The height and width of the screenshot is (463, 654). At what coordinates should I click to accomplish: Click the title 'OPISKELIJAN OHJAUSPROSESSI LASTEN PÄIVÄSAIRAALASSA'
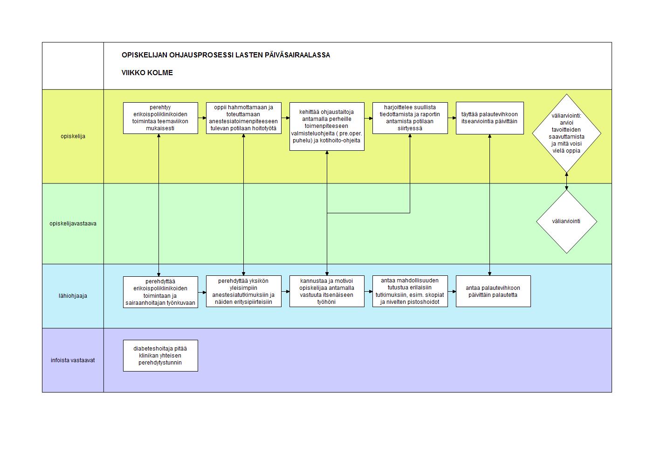[x=226, y=55]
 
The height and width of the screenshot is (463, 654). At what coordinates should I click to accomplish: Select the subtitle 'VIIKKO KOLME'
[x=147, y=72]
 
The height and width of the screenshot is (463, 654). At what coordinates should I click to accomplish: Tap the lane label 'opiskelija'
[x=73, y=136]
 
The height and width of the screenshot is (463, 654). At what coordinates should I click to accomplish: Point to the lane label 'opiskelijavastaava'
[x=73, y=223]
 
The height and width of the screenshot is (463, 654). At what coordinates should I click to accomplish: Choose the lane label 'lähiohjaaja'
[x=73, y=296]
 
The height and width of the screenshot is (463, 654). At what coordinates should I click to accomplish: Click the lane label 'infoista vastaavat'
[x=73, y=360]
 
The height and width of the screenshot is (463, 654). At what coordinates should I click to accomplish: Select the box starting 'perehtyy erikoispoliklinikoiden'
[x=160, y=118]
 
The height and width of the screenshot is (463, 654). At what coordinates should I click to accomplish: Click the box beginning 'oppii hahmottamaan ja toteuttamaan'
[x=243, y=118]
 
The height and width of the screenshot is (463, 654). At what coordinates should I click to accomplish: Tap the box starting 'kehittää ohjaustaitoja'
[x=327, y=126]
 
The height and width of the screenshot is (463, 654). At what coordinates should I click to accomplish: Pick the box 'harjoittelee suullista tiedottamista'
[x=410, y=118]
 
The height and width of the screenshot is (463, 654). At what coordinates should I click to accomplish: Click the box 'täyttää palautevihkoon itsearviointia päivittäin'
[x=489, y=118]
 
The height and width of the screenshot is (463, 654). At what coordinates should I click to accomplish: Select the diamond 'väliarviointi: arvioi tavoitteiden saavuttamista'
[x=566, y=133]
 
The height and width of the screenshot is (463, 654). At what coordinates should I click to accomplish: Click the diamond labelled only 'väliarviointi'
[x=566, y=222]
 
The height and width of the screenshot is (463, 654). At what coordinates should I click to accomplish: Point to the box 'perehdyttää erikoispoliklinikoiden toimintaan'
[x=160, y=292]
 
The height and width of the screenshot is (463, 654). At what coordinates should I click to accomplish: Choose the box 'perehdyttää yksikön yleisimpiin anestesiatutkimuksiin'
[x=243, y=291]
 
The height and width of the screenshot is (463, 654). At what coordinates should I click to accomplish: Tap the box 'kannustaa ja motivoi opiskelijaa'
[x=327, y=291]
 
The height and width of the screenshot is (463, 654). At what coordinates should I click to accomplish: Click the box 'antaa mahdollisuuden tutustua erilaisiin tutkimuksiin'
[x=410, y=291]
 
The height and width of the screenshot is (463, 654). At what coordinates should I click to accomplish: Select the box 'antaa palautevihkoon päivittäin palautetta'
[x=493, y=291]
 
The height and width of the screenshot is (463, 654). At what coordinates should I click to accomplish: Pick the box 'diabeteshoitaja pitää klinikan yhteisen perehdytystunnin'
[x=160, y=356]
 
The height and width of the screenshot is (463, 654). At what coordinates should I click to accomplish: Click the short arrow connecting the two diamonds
[x=566, y=181]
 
